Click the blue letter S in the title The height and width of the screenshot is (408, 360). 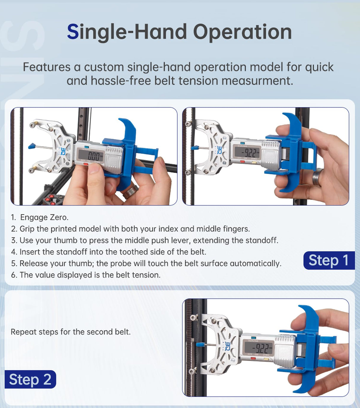(x=73, y=32)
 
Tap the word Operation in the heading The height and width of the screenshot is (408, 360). (x=242, y=32)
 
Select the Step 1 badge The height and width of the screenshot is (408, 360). (x=329, y=260)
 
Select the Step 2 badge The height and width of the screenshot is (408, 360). (x=30, y=379)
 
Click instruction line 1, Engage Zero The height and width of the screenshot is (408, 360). (x=40, y=217)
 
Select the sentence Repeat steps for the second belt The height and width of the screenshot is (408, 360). (x=71, y=332)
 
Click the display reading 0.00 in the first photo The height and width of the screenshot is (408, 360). (x=91, y=155)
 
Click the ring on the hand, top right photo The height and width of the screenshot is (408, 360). (x=318, y=177)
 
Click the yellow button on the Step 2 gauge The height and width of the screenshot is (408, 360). (x=266, y=359)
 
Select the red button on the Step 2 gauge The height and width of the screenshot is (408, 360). (x=253, y=358)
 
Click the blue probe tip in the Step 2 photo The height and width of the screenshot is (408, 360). (x=200, y=345)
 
